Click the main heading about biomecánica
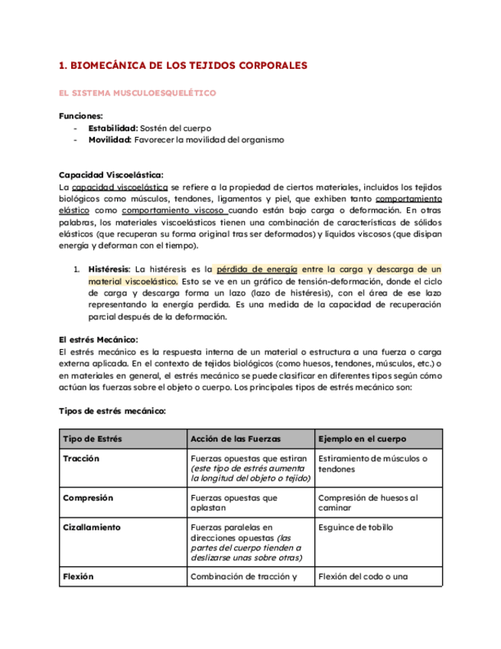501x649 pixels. click(183, 66)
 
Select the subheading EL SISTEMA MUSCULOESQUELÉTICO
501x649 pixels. click(137, 93)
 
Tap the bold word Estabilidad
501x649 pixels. click(112, 128)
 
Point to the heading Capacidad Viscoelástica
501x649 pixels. click(111, 175)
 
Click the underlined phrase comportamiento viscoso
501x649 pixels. click(173, 210)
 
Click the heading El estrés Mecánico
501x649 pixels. click(98, 340)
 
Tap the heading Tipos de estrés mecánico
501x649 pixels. click(112, 411)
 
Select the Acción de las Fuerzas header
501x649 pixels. click(235, 439)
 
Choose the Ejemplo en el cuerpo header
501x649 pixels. click(362, 439)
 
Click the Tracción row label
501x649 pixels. click(82, 458)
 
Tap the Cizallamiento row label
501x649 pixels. click(92, 527)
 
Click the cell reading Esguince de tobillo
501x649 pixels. click(356, 527)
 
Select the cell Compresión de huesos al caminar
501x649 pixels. click(367, 503)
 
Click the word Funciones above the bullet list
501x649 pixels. click(80, 116)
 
